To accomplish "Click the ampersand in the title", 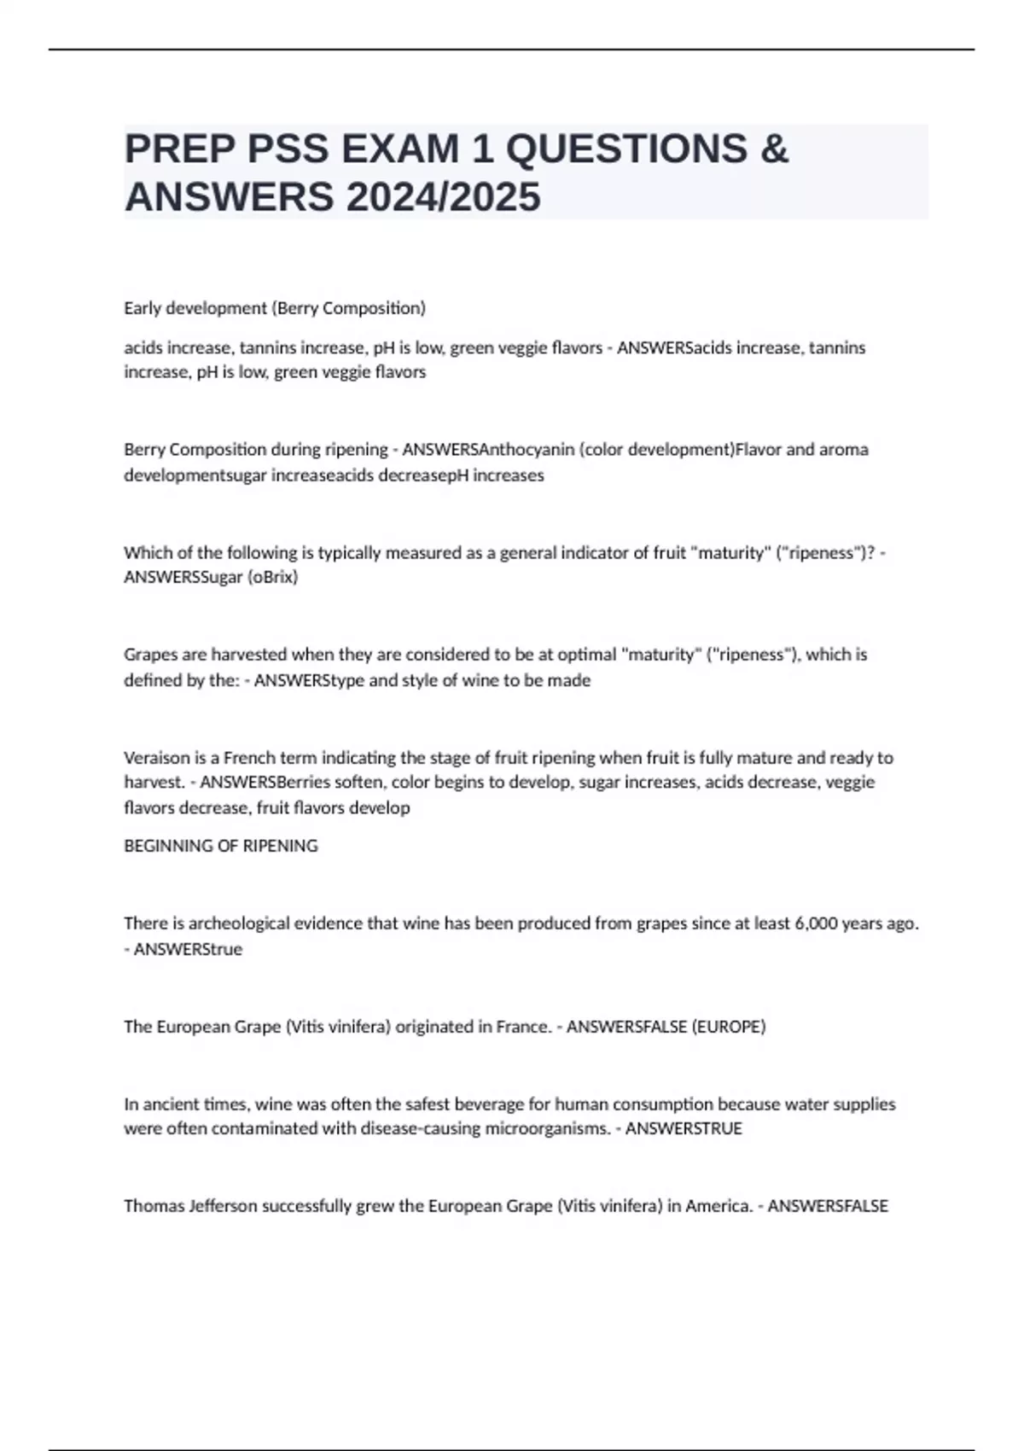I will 773,149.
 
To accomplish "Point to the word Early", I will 142,308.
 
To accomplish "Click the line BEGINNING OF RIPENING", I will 221,846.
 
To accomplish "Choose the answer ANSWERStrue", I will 188,949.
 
